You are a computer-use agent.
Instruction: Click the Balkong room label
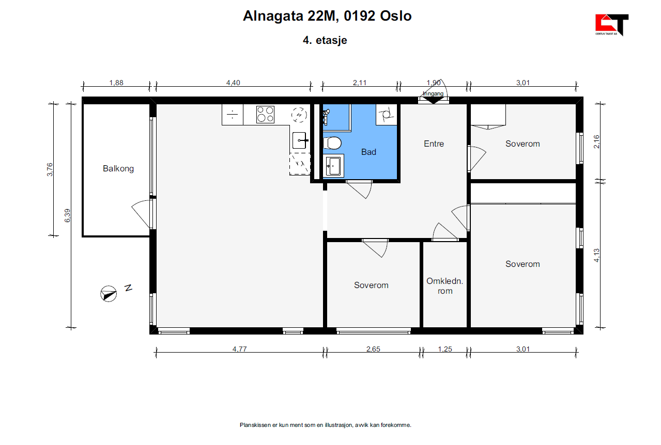[118, 168]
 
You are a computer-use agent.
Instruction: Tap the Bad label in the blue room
[368, 152]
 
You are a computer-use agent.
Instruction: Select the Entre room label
[434, 144]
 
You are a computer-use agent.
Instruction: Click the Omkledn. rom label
[444, 285]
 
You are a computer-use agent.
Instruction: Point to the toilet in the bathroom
[332, 142]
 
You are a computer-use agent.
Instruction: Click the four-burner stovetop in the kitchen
[266, 114]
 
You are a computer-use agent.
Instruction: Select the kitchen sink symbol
[300, 140]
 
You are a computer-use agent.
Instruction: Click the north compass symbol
[108, 293]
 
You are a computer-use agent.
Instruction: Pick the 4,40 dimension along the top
[233, 83]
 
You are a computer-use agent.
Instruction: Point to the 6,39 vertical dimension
[67, 215]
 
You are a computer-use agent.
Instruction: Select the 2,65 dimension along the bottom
[373, 349]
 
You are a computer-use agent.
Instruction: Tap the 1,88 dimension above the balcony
[116, 83]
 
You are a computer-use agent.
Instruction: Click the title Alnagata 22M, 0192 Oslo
[327, 16]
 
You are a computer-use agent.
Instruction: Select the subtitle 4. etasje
[325, 40]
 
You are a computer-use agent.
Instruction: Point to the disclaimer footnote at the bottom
[325, 425]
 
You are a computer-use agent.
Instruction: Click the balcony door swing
[141, 213]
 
